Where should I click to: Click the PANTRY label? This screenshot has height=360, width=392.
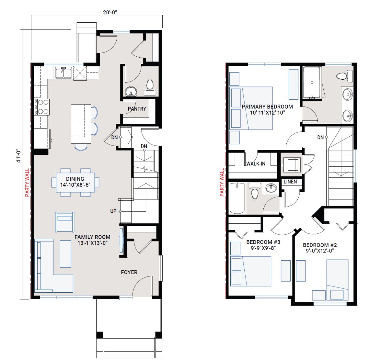point(137,109)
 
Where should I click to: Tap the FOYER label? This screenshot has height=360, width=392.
point(129,272)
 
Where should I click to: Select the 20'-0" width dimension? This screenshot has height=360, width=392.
point(110,13)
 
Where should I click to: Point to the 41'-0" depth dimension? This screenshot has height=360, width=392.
point(19,156)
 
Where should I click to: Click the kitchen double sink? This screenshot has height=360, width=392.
point(63,73)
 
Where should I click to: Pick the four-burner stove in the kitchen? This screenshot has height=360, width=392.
point(42,107)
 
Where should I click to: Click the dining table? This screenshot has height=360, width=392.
point(75,182)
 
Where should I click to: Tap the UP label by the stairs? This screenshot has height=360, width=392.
point(113,211)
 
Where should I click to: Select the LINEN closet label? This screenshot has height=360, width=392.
point(290,181)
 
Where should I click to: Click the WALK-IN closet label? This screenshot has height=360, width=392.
point(256,164)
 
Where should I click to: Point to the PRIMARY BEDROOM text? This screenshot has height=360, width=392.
point(267,107)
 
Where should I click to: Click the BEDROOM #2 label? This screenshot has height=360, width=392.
point(320,245)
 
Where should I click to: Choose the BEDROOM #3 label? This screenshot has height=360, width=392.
point(263,242)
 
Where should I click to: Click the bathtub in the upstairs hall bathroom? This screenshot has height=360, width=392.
point(237,198)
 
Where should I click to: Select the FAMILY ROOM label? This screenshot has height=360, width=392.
point(92,237)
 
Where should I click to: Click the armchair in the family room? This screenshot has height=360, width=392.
point(65,222)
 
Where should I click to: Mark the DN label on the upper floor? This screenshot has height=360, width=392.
point(320,138)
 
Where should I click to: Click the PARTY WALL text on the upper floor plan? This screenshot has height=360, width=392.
point(222,182)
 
